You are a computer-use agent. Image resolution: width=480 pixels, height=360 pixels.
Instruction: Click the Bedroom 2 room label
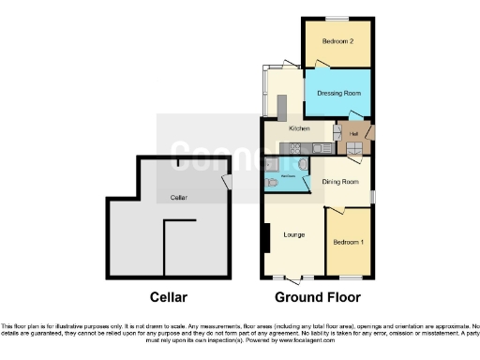pos(337,42)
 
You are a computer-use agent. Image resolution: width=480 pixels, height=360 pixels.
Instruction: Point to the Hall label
pos(354,133)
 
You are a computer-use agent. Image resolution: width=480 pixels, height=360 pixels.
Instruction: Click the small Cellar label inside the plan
pos(176,198)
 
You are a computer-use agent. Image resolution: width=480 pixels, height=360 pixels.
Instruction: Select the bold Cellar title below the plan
pos(168,298)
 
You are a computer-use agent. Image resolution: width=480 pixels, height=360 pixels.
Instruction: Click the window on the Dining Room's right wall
pos(373,195)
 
